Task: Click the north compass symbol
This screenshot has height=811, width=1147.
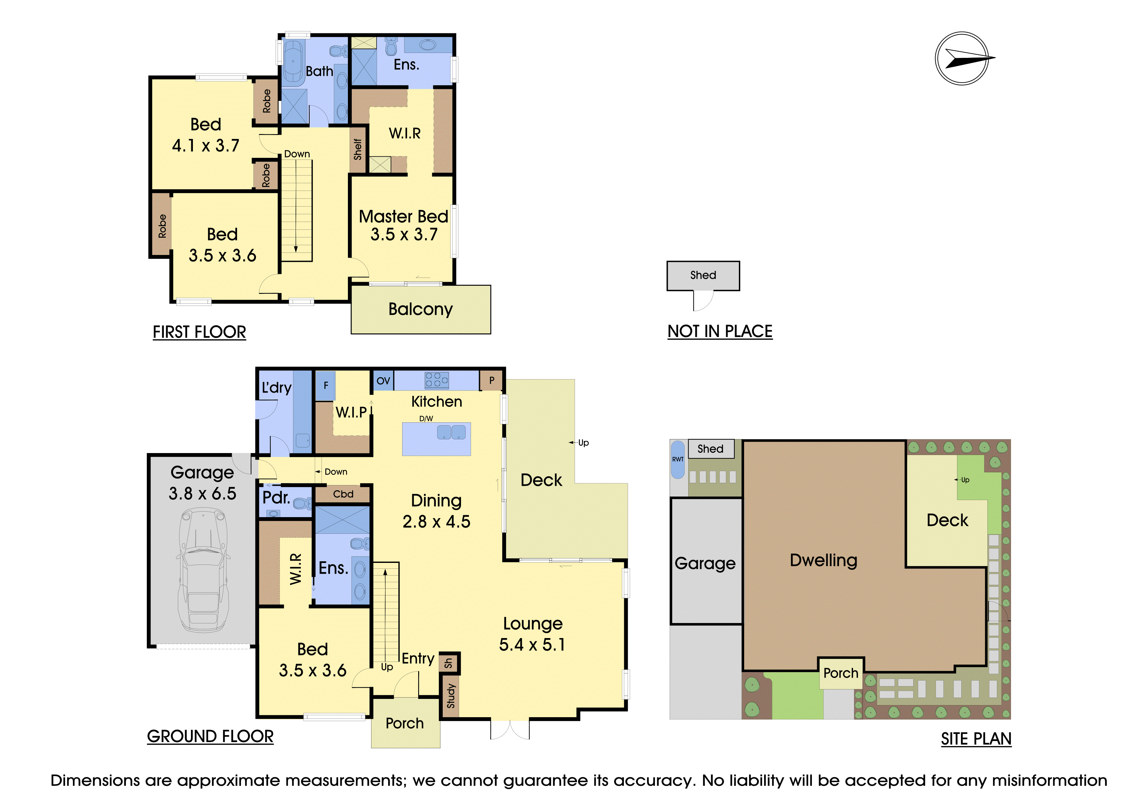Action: pos(962,59)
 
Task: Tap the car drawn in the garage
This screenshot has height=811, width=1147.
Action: pos(203,570)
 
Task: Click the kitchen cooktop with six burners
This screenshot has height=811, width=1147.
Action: pos(437,380)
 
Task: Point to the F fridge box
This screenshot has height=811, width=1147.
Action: pos(326,385)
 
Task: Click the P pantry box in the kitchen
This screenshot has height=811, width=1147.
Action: pos(491,380)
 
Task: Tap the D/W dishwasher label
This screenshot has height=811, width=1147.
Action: pos(426,418)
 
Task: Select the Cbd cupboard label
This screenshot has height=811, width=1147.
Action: pos(343,494)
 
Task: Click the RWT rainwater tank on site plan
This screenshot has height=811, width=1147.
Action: pos(677,459)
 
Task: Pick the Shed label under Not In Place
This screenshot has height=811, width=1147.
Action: pos(703,275)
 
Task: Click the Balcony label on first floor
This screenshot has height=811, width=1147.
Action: pos(420,309)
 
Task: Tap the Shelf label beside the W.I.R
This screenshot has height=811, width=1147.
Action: pos(358,149)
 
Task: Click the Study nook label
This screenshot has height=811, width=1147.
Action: pos(451,696)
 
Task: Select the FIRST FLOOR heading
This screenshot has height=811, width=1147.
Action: pos(199,332)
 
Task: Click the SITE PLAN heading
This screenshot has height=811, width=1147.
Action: pos(976,738)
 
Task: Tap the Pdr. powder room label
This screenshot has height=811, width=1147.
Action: pos(276,498)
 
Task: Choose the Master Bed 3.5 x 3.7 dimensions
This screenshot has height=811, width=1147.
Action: pos(404,234)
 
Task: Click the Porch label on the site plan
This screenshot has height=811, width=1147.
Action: pos(841,673)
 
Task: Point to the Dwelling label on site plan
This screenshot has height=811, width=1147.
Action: pos(824,560)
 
